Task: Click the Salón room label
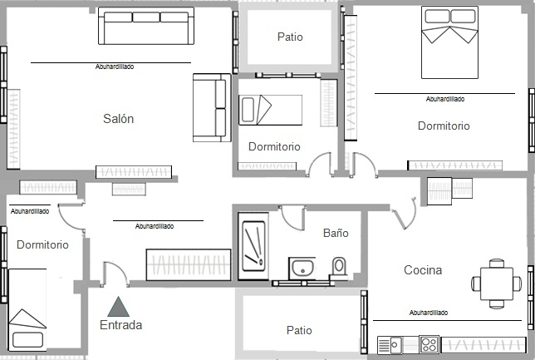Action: [119, 119]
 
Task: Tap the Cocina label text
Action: [423, 270]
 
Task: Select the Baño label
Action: [336, 233]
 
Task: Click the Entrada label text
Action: [120, 325]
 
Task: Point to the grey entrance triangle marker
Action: [118, 307]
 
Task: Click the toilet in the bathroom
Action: [339, 267]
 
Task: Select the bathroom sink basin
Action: [302, 268]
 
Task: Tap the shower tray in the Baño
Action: [253, 246]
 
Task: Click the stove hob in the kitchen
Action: [429, 345]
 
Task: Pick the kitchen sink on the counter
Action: [390, 345]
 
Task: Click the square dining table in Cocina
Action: [497, 284]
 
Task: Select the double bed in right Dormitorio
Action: [449, 42]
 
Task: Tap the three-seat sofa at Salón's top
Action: [146, 26]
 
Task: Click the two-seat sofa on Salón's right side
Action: [212, 107]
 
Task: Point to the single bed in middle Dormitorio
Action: [270, 110]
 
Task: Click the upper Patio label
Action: [290, 37]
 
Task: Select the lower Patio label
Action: [299, 330]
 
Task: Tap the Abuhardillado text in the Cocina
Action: [429, 313]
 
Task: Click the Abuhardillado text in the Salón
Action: [115, 67]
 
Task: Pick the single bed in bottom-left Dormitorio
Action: [27, 310]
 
